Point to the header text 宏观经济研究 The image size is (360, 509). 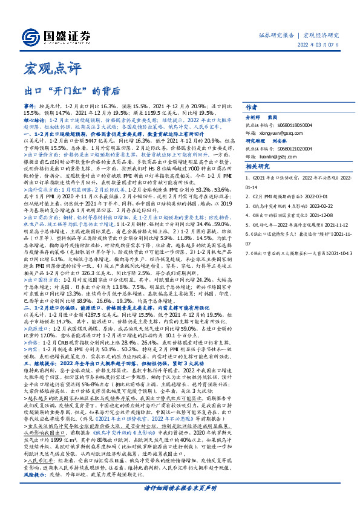[x=322, y=36]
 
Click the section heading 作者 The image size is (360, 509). [x=252, y=105]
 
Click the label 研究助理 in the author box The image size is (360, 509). [x=255, y=141]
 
